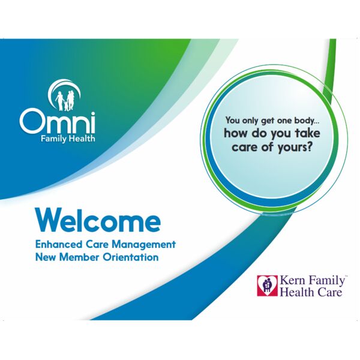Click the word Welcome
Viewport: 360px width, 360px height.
point(98,220)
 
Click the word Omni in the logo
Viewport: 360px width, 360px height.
point(57,121)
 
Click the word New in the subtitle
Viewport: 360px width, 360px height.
point(46,257)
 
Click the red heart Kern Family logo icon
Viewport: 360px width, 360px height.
point(267,286)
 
